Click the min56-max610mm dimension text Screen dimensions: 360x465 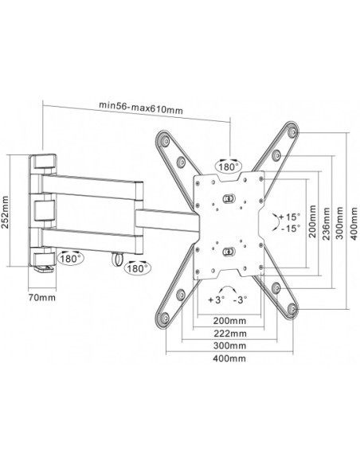(140, 108)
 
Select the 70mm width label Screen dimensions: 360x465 (41, 297)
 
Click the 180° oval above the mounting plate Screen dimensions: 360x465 (229, 166)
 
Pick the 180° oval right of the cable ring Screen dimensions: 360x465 (137, 268)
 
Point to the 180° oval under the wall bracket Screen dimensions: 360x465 (70, 258)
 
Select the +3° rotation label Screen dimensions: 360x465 (216, 300)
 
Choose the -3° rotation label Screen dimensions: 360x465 (240, 300)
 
